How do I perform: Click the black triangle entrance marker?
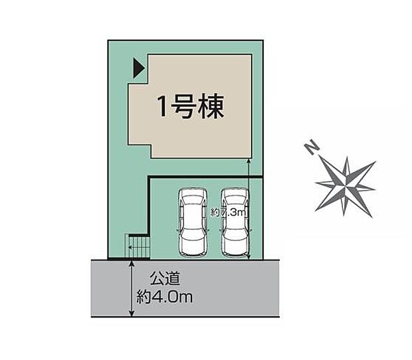click(x=138, y=68)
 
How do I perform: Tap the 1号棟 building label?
click(x=189, y=106)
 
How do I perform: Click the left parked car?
click(x=193, y=223)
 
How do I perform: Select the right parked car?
click(x=235, y=223)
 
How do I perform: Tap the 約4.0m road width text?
click(x=166, y=298)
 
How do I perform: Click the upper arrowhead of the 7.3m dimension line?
click(x=248, y=163)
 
